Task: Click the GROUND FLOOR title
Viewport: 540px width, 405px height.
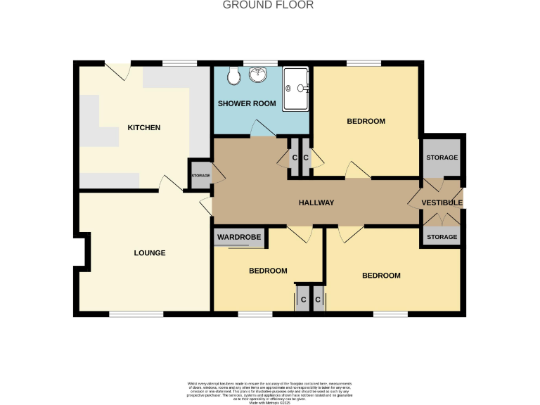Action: point(268,5)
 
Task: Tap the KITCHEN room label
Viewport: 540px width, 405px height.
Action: point(143,128)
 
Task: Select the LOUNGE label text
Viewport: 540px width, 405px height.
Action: point(150,253)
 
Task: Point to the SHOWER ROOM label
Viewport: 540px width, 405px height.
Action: point(246,104)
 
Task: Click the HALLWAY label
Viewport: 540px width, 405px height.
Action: point(316,203)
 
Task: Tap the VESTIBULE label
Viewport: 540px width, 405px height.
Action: point(442,203)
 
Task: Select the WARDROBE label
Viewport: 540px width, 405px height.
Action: point(239,238)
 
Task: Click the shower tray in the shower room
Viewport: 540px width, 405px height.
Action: point(296,89)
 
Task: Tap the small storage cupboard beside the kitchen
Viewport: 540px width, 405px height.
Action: point(200,176)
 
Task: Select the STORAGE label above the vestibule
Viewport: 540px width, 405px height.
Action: point(442,157)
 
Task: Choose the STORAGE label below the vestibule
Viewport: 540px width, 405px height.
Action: point(442,238)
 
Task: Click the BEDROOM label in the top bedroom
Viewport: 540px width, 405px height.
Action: point(366,122)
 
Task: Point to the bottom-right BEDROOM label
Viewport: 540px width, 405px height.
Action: point(381,276)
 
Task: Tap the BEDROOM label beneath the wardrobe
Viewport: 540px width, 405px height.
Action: point(268,271)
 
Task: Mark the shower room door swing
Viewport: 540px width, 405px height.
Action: point(263,128)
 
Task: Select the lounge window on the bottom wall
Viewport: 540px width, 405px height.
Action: point(136,314)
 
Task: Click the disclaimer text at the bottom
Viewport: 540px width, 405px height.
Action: point(270,390)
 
